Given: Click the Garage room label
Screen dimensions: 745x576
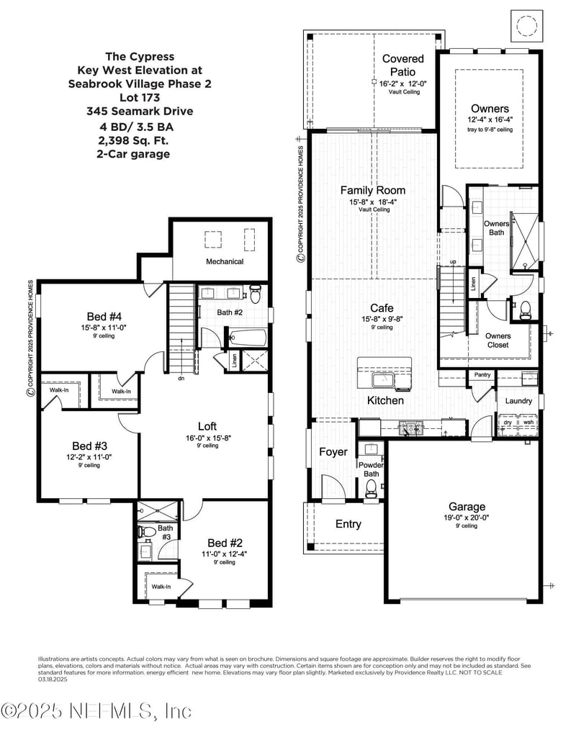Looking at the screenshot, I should tap(467, 507).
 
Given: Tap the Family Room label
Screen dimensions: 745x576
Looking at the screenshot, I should tap(372, 191).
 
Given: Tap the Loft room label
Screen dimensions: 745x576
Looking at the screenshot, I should tap(207, 426).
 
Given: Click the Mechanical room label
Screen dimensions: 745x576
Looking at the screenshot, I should tap(225, 261).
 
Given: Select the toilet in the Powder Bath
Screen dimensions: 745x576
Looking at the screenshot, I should tap(372, 489).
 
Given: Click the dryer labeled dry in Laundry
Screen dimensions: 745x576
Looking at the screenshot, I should tap(508, 423).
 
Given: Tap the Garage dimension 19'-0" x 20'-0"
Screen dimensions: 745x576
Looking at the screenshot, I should tap(467, 517).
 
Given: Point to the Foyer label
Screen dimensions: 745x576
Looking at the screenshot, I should tap(333, 452).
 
